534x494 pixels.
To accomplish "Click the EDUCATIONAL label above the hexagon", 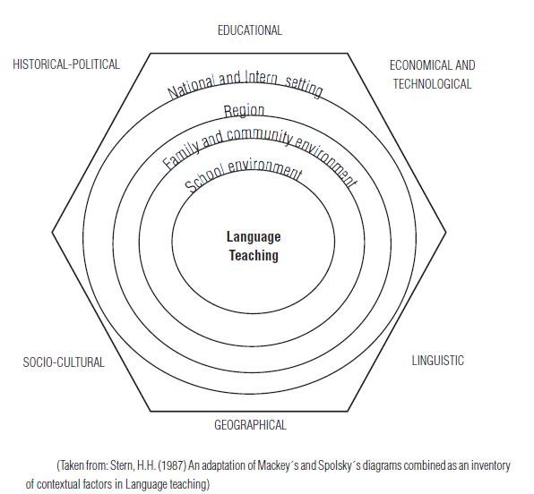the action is click(250, 30).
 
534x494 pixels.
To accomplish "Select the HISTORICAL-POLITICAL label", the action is click(66, 64).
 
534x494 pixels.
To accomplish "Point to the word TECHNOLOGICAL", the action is click(433, 84).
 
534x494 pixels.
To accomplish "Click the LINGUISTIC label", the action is click(438, 361).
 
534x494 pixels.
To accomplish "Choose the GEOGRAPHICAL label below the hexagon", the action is click(250, 425).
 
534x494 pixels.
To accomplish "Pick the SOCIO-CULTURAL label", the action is click(64, 362).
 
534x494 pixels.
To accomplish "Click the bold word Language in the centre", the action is click(254, 237).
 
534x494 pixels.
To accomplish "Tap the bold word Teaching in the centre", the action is click(254, 256).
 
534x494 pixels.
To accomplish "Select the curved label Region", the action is click(244, 111).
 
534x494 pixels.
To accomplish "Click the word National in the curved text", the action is click(192, 87).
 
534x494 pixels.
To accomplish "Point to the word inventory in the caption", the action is click(491, 465).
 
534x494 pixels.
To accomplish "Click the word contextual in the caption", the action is click(58, 484).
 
